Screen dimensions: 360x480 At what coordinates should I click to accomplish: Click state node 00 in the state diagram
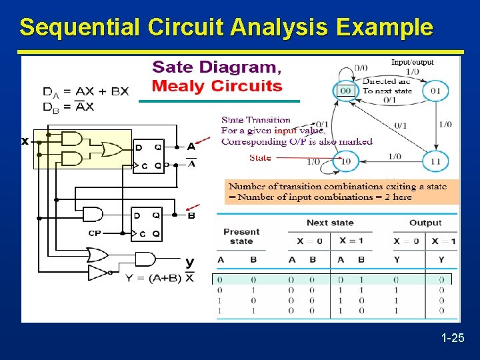(x=346, y=91)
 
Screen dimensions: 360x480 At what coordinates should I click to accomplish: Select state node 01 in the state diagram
(x=435, y=91)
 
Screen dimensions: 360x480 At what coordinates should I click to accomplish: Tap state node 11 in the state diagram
(x=435, y=161)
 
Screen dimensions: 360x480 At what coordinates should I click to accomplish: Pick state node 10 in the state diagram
(x=346, y=161)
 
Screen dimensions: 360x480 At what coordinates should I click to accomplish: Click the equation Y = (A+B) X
(x=160, y=278)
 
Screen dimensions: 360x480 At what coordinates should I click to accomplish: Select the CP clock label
(x=95, y=233)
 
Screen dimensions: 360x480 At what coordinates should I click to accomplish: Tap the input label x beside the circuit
(x=25, y=141)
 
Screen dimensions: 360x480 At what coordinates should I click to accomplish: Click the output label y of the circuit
(x=189, y=262)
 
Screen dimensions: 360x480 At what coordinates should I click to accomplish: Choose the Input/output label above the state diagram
(x=412, y=62)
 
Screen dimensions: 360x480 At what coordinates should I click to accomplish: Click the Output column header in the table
(x=425, y=223)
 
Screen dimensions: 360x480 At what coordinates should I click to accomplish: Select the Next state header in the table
(x=330, y=223)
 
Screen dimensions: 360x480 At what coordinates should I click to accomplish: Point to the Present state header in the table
(x=241, y=236)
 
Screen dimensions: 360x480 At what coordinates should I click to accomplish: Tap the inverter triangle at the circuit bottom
(x=97, y=272)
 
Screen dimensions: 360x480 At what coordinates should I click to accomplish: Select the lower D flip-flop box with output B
(x=147, y=224)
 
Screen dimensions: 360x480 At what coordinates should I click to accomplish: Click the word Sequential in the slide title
(x=79, y=28)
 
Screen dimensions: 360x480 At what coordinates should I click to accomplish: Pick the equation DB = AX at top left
(x=69, y=107)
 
